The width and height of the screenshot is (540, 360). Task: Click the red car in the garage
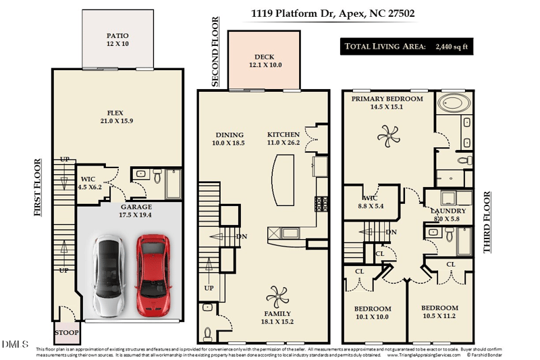coord(152,275)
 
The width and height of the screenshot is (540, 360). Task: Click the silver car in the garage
coord(109,275)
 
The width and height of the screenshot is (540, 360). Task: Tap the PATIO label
coord(117,36)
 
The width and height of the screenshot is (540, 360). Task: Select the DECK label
coord(264,57)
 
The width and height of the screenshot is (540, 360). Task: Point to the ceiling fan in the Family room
coord(277,295)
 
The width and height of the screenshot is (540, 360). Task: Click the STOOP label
coord(67,333)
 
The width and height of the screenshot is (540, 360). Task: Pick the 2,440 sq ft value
coord(452,47)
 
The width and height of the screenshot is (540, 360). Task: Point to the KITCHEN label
coord(283,134)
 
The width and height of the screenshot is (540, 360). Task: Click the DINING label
coord(228,134)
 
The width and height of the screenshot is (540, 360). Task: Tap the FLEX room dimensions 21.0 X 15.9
coord(117,122)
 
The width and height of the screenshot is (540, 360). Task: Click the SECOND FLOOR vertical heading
coord(215,53)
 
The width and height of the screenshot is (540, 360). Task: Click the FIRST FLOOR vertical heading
coord(38,187)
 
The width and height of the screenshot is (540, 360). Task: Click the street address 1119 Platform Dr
coord(292,13)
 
